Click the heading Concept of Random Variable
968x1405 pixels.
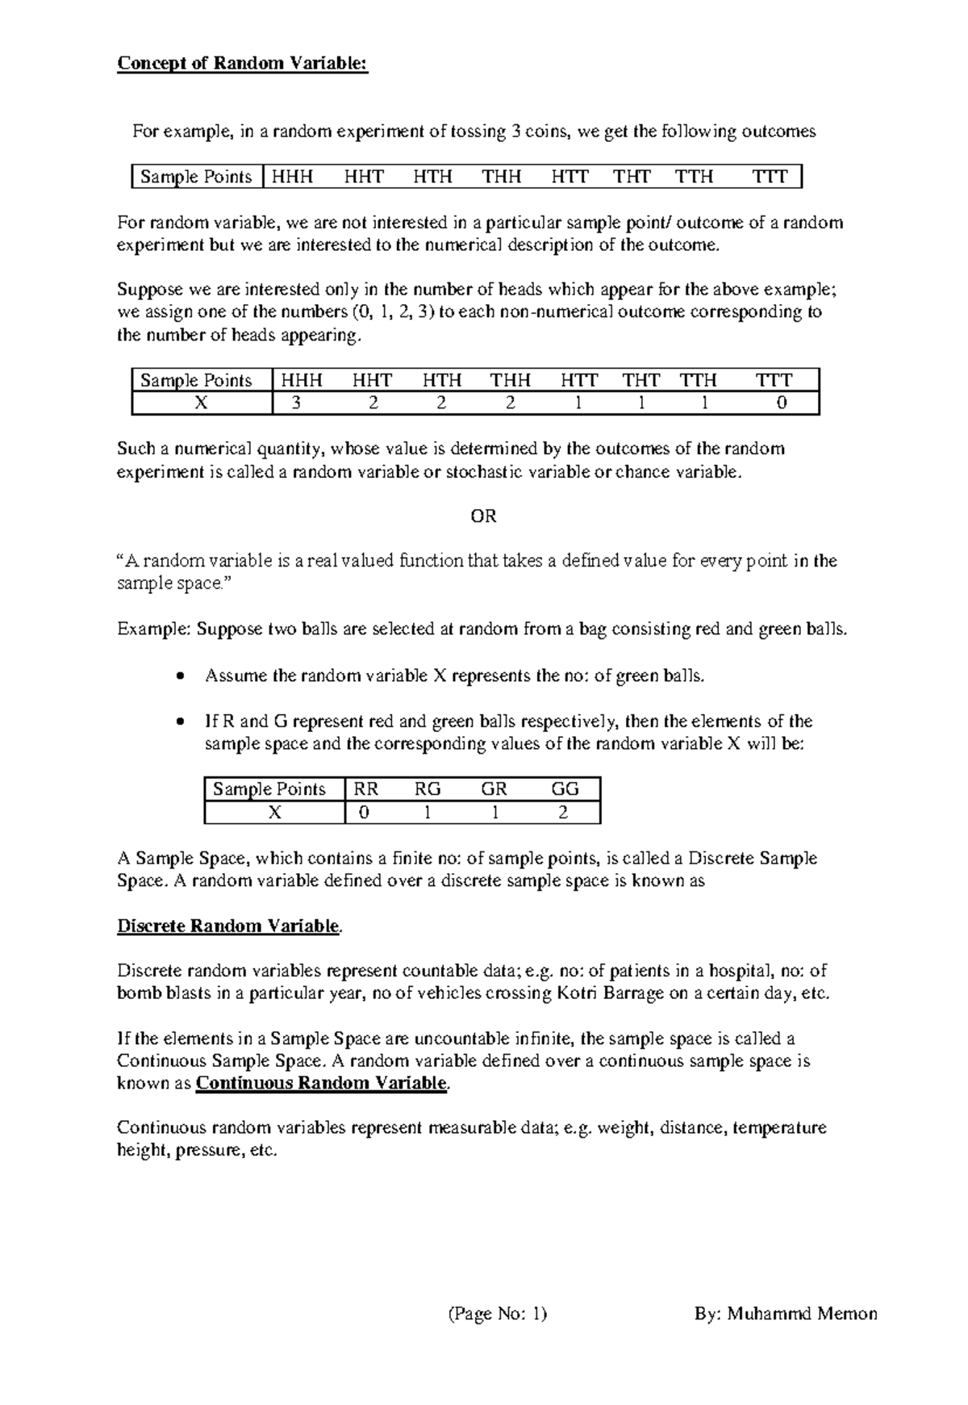click(x=242, y=64)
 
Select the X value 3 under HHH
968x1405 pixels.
click(x=297, y=403)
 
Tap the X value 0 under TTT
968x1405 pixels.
click(x=781, y=403)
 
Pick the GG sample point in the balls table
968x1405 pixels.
click(x=565, y=788)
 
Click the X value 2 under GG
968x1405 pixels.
click(x=563, y=812)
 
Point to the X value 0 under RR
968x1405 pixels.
click(x=365, y=812)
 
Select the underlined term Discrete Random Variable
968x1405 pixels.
click(x=228, y=926)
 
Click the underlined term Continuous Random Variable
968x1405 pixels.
click(x=321, y=1083)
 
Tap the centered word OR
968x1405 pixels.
click(x=483, y=516)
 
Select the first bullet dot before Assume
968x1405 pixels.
click(x=179, y=676)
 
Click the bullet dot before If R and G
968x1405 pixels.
click(x=179, y=721)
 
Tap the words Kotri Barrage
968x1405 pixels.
click(x=601, y=993)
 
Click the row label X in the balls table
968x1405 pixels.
click(x=274, y=812)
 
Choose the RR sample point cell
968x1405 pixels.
click(x=366, y=788)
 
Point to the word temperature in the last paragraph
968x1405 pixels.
click(x=781, y=1127)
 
